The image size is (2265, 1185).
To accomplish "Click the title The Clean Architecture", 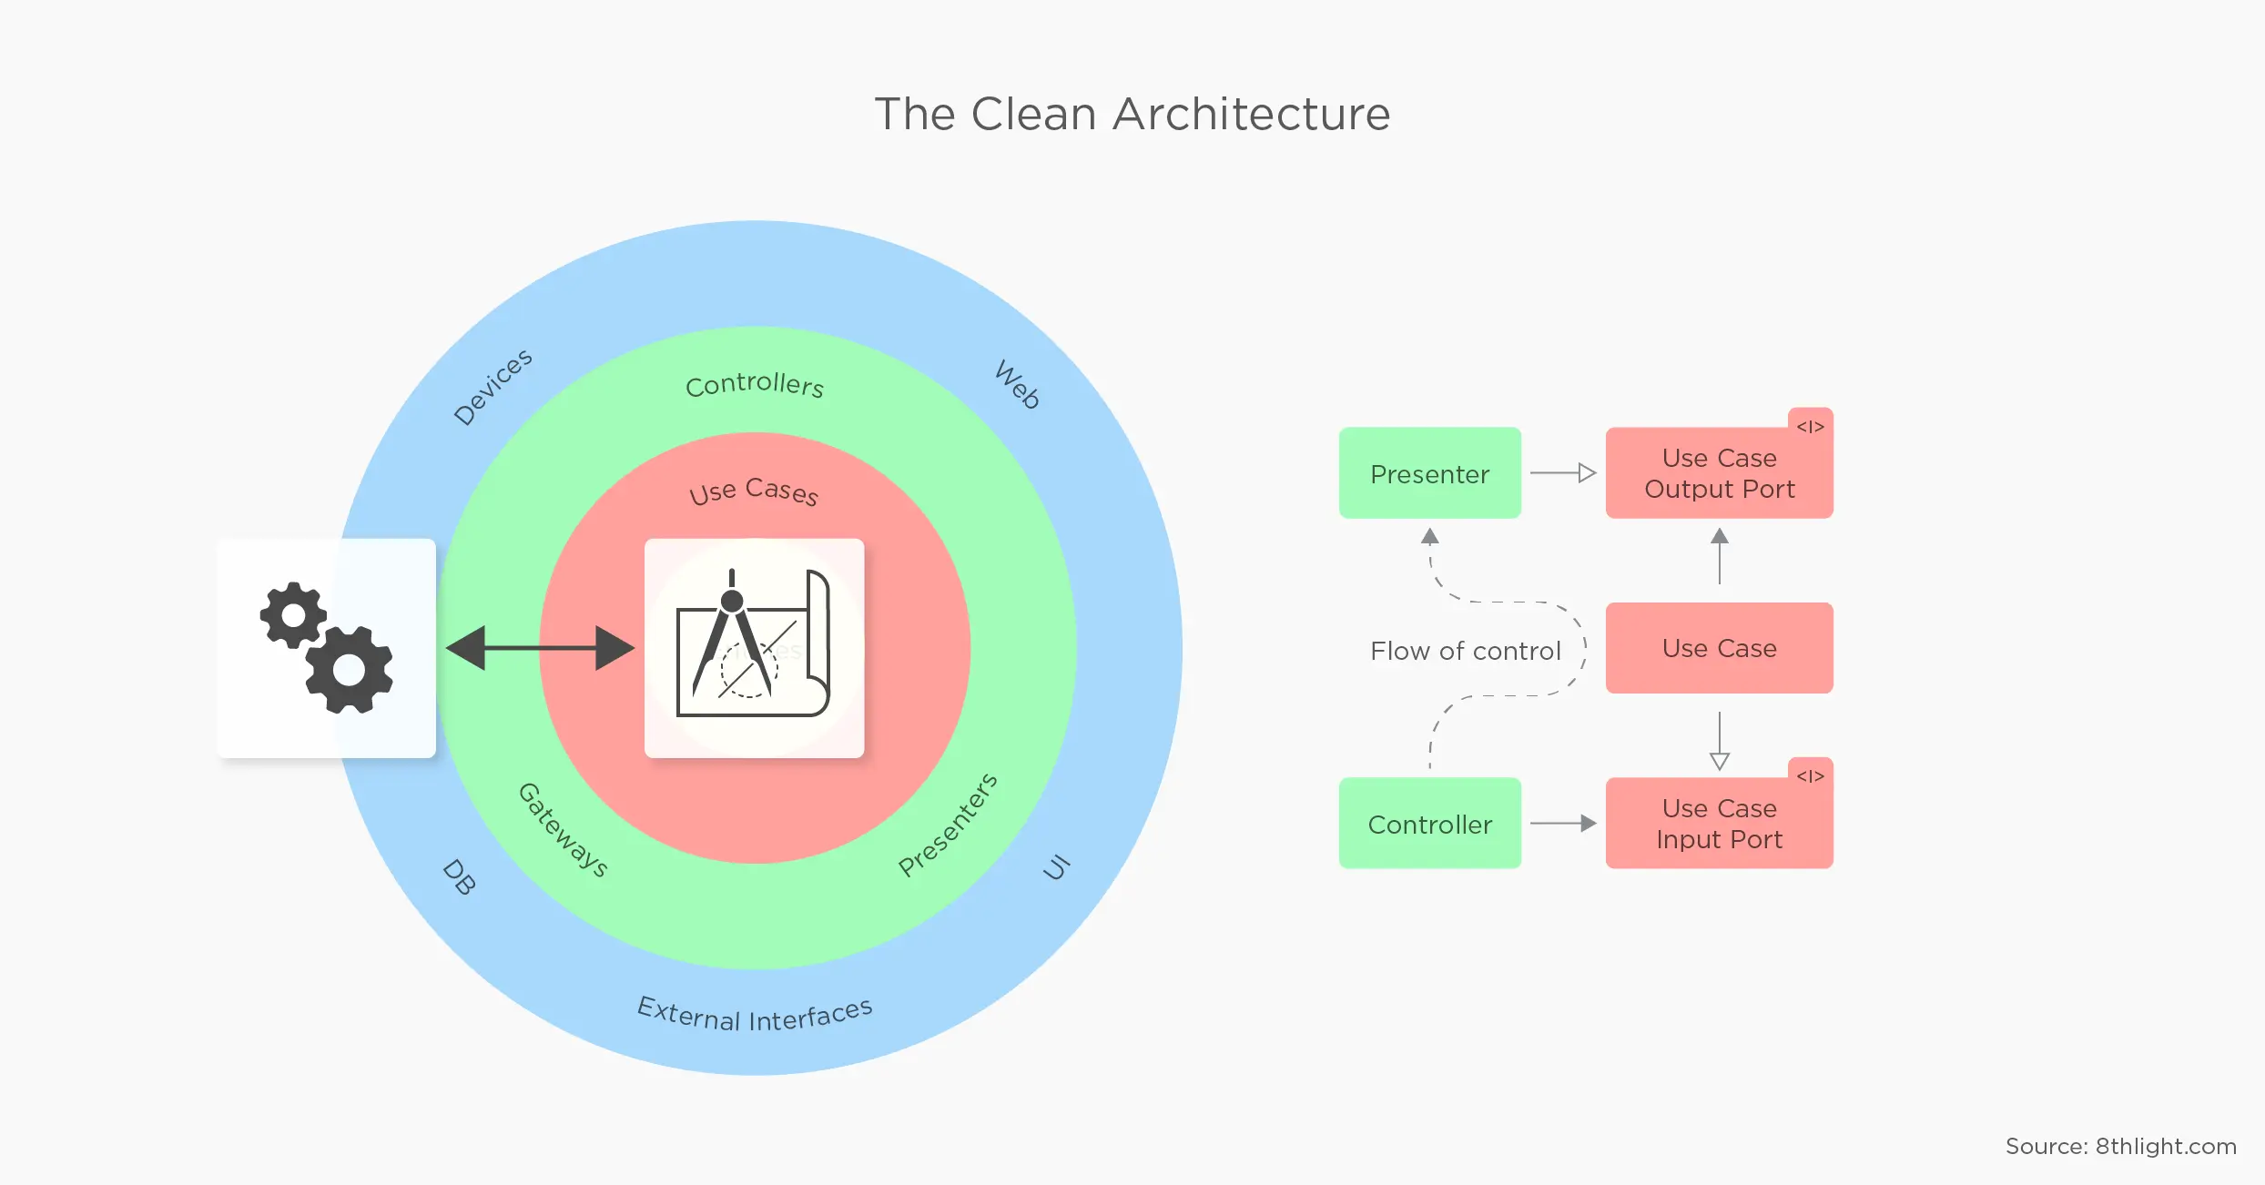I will coord(1132,115).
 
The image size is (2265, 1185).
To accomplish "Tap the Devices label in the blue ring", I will coord(493,387).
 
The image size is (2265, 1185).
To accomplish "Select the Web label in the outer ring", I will coord(1018,384).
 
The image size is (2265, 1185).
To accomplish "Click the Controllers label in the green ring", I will coord(755,385).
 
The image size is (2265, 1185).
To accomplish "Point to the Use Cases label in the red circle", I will coord(754,491).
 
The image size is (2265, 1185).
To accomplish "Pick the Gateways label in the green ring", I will coord(563,829).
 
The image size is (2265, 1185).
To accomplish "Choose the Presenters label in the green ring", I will coord(948,825).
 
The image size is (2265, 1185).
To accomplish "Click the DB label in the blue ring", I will coord(459,877).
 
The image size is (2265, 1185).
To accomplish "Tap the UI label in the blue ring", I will coord(1056,868).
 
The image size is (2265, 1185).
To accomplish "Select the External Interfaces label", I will coord(755,1015).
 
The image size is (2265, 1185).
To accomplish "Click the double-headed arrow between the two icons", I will coord(540,648).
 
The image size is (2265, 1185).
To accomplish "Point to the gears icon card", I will coord(327,648).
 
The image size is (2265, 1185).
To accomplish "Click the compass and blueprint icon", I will coord(754,648).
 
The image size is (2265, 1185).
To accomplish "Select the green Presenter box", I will coord(1429,473).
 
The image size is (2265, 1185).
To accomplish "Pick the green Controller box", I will coord(1429,824).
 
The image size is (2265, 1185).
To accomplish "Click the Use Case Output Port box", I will coord(1719,473).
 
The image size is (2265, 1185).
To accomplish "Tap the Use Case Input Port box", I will coord(1719,824).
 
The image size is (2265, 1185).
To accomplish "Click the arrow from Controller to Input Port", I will coord(1563,824).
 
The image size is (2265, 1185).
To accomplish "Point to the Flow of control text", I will coord(1465,651).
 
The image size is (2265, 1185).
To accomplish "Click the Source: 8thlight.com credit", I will coord(2120,1147).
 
